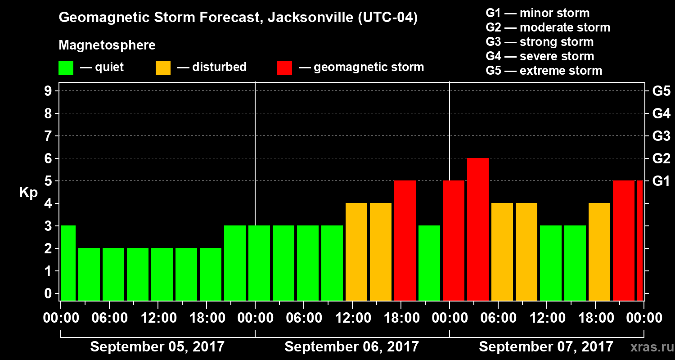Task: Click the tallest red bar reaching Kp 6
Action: pyautogui.click(x=477, y=229)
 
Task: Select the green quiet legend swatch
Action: pyautogui.click(x=66, y=68)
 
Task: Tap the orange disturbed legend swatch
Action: pyautogui.click(x=163, y=68)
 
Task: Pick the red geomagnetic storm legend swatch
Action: pyautogui.click(x=284, y=68)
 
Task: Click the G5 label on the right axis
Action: pyautogui.click(x=661, y=91)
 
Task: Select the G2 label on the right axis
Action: pyautogui.click(x=661, y=158)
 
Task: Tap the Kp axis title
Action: pyautogui.click(x=28, y=193)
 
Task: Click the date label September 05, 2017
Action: pyautogui.click(x=157, y=347)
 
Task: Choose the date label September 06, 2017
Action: pyautogui.click(x=351, y=347)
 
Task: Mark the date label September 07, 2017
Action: pyautogui.click(x=545, y=347)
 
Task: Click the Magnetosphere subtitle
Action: pyautogui.click(x=107, y=45)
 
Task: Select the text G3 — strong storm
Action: pyautogui.click(x=540, y=42)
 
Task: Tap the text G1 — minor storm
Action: pyautogui.click(x=537, y=13)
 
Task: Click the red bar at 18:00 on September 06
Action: pyautogui.click(x=405, y=241)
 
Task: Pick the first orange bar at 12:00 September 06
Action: pyautogui.click(x=356, y=252)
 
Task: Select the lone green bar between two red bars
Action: pyautogui.click(x=429, y=263)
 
